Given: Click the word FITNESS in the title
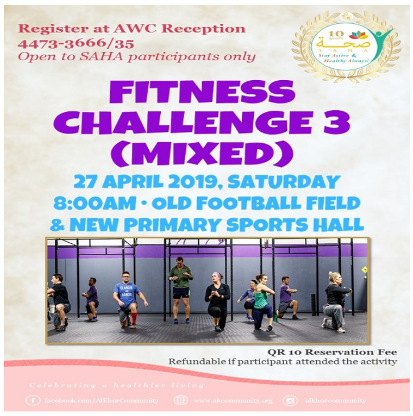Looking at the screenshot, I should pos(203,93).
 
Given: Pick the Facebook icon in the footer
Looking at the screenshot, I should pos(34,400).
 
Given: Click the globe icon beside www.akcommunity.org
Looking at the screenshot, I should pos(181,400).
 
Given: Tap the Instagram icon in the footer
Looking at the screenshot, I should pos(291,400).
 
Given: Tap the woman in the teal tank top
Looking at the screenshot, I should pos(261,301).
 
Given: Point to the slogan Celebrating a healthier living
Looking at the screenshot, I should pos(117,385).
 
